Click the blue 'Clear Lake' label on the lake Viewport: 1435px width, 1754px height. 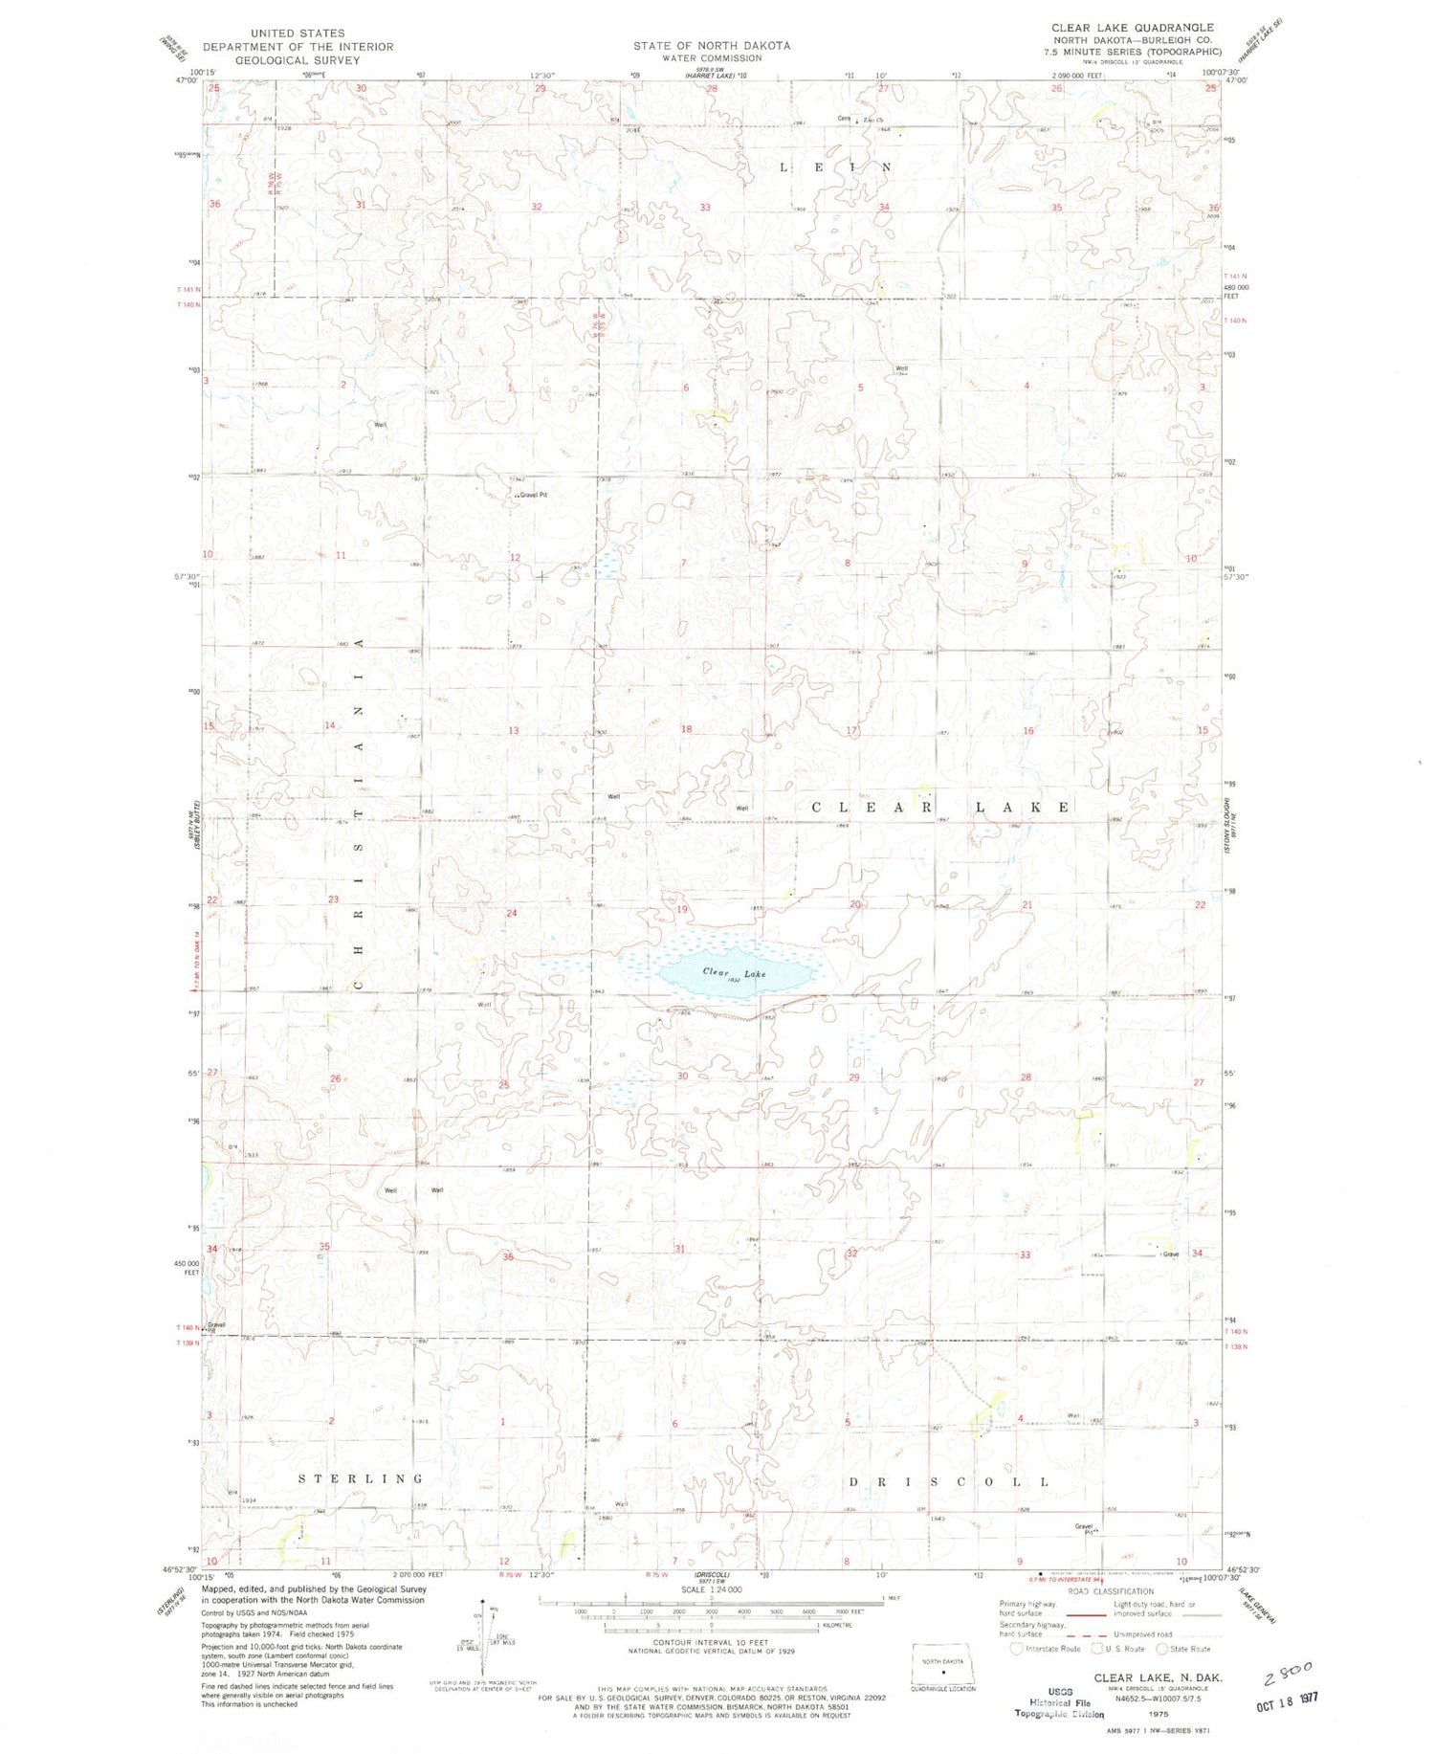734,972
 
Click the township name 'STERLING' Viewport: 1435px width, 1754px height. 361,1478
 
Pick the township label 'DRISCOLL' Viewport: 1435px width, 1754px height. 949,1481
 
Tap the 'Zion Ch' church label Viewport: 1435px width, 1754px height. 872,120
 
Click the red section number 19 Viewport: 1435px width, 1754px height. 682,909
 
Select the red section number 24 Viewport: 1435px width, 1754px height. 512,913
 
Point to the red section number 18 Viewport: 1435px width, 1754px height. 686,729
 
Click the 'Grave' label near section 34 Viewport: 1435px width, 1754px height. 1170,1254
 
